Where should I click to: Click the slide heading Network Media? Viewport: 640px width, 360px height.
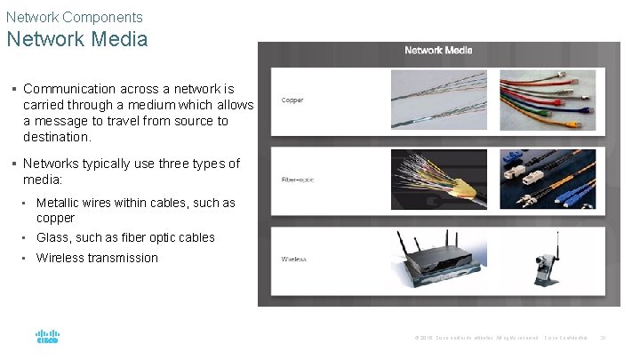76,40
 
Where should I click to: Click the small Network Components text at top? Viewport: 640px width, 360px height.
74,17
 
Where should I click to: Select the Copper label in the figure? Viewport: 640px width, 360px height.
292,100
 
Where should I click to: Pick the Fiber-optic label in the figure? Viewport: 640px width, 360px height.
298,180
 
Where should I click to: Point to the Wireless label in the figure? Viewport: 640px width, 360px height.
294,259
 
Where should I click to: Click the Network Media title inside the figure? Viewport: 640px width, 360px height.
438,51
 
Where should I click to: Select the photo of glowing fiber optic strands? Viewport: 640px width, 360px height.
439,179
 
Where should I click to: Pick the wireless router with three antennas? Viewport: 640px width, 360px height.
439,258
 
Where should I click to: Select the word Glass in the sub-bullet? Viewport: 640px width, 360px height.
52,237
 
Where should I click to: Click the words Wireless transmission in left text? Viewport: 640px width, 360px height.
97,258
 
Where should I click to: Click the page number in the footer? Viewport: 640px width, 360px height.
604,338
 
